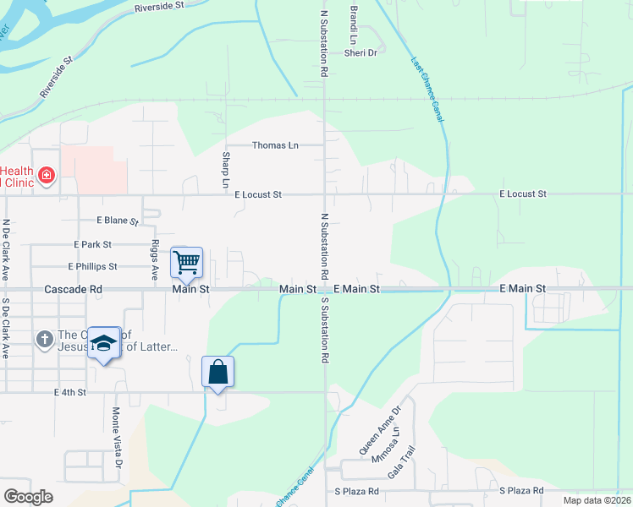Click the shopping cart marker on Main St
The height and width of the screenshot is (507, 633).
click(x=186, y=262)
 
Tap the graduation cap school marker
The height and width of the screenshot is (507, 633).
click(x=103, y=343)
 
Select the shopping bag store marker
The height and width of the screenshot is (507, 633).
click(x=217, y=372)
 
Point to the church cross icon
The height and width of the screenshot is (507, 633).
click(x=45, y=340)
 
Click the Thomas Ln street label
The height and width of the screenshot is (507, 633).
click(x=275, y=145)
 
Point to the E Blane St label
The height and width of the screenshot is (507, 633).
click(x=118, y=221)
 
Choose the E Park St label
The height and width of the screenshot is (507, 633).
click(x=93, y=244)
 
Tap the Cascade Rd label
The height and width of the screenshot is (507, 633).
click(x=74, y=289)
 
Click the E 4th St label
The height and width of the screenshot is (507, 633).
click(x=70, y=393)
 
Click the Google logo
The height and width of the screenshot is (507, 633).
click(x=28, y=496)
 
